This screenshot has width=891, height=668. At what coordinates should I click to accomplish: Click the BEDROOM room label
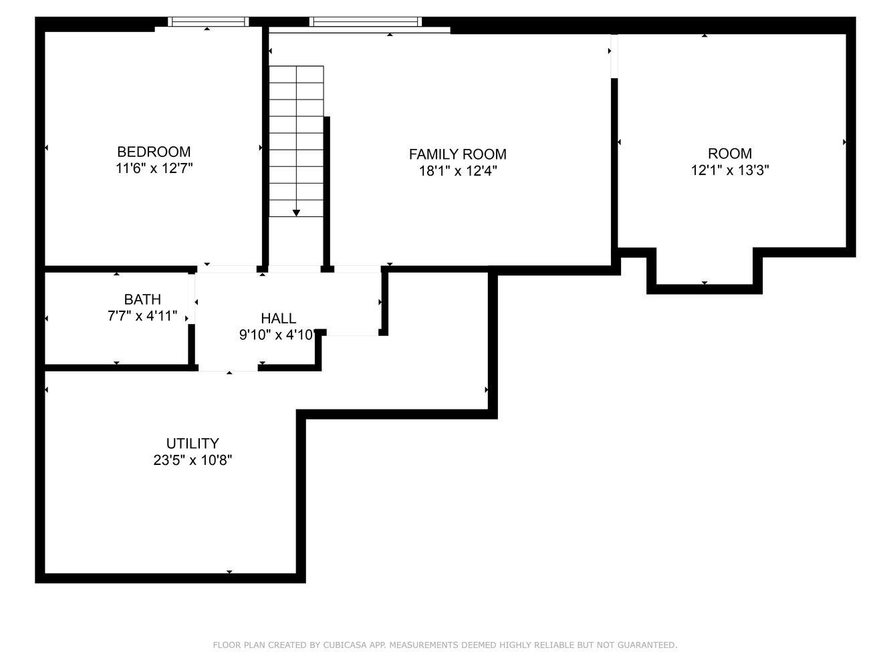[154, 152]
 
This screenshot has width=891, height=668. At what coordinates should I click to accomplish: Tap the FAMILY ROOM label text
[457, 154]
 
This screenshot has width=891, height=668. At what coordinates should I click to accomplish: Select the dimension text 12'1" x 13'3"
[730, 170]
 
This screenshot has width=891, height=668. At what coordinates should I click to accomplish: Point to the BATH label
[142, 299]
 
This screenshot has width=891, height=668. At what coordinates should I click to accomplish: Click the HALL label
[279, 318]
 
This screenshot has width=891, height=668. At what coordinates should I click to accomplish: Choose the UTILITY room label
[193, 444]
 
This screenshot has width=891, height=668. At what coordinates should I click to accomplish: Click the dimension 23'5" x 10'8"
[193, 460]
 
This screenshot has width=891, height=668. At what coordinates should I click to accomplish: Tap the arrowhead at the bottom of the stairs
[296, 213]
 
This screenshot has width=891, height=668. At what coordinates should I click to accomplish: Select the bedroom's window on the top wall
[209, 22]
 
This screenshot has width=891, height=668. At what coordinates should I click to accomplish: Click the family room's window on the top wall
[366, 22]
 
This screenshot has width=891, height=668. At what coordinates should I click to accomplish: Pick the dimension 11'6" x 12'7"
[154, 168]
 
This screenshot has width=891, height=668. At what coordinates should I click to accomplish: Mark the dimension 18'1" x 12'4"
[457, 171]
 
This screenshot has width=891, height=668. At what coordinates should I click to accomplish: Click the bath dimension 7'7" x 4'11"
[142, 316]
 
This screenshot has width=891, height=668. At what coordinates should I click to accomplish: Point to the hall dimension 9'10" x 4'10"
[277, 335]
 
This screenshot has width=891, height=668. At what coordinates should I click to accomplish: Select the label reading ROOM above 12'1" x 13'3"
[730, 154]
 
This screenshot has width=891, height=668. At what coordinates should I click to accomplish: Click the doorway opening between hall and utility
[228, 368]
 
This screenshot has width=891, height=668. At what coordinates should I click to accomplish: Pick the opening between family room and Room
[614, 56]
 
